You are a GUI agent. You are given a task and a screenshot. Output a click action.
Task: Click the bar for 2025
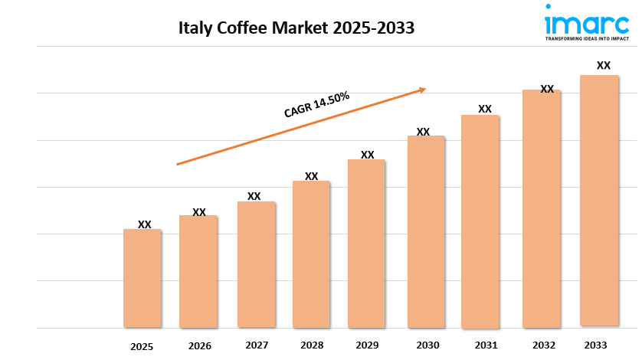[x=142, y=278]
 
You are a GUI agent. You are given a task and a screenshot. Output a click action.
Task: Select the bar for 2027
[x=256, y=264]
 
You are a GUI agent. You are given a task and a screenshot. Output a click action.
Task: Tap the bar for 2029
[x=366, y=244]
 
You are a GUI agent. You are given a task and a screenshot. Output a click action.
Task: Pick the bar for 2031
[x=480, y=221]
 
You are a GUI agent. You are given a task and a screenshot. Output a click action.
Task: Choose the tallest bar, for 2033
[x=599, y=201]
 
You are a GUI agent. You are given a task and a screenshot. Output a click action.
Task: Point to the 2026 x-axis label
[x=199, y=345]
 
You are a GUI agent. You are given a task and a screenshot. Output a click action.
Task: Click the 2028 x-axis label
[x=312, y=345]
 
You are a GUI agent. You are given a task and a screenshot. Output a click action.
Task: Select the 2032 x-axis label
[x=545, y=345]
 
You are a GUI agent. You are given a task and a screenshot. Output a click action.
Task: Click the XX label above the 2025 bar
[x=145, y=224]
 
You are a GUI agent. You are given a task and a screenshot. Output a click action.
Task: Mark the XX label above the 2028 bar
[x=312, y=176]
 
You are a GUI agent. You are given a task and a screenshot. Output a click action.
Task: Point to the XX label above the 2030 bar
[x=423, y=132]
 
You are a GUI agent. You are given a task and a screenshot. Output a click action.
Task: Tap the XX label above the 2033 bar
[x=604, y=65]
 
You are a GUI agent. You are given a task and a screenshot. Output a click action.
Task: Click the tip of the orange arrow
[x=425, y=89]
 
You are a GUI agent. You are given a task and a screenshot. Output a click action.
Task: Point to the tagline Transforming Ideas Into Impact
[x=587, y=36]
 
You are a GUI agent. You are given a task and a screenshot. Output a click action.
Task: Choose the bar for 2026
[x=198, y=271]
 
